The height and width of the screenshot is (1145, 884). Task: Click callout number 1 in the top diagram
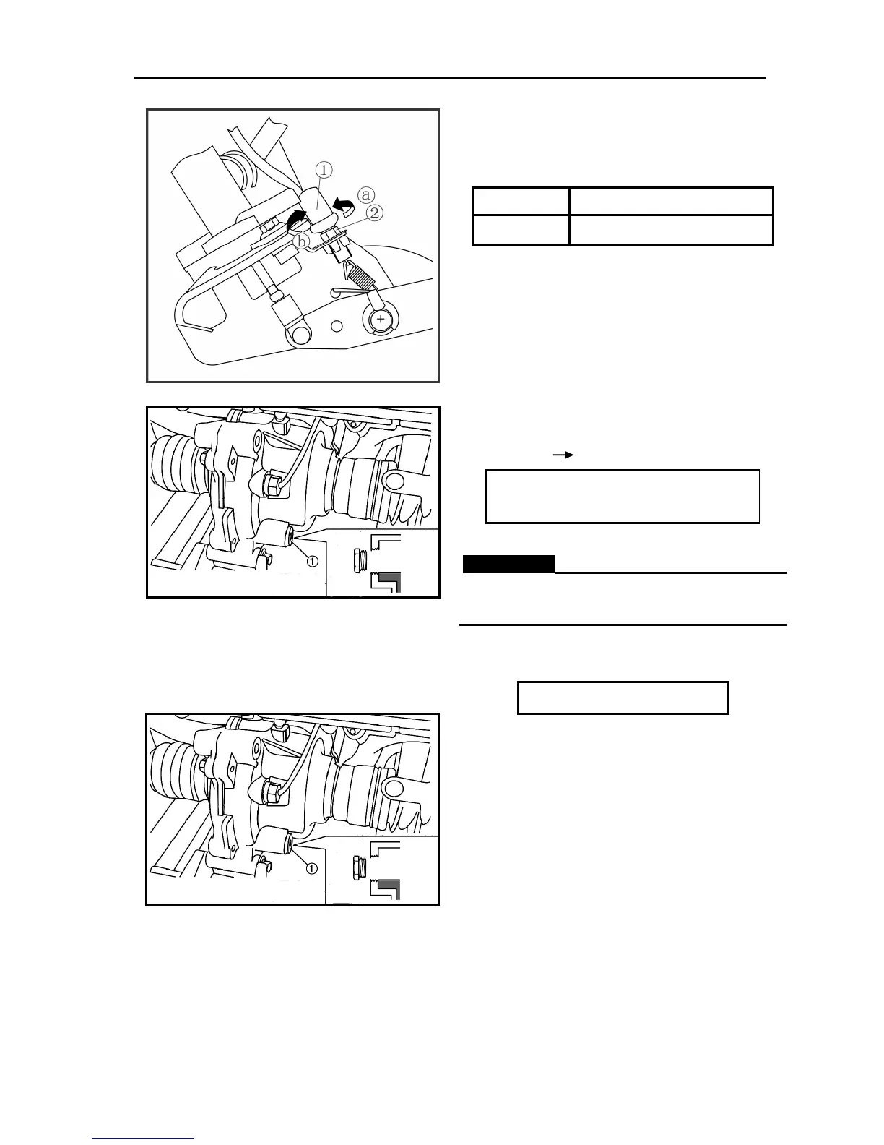pyautogui.click(x=324, y=170)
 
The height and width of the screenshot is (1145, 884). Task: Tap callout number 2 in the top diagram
pyautogui.click(x=374, y=213)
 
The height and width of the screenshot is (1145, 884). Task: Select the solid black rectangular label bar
pyautogui.click(x=508, y=564)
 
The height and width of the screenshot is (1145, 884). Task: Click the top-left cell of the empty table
pyautogui.click(x=520, y=200)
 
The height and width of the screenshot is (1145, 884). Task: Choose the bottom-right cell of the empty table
pyautogui.click(x=671, y=230)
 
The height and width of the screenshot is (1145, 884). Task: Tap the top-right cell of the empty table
pyautogui.click(x=671, y=200)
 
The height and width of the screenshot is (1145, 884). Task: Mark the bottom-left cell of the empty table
pyautogui.click(x=520, y=230)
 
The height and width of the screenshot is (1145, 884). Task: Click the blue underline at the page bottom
pyautogui.click(x=143, y=1139)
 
